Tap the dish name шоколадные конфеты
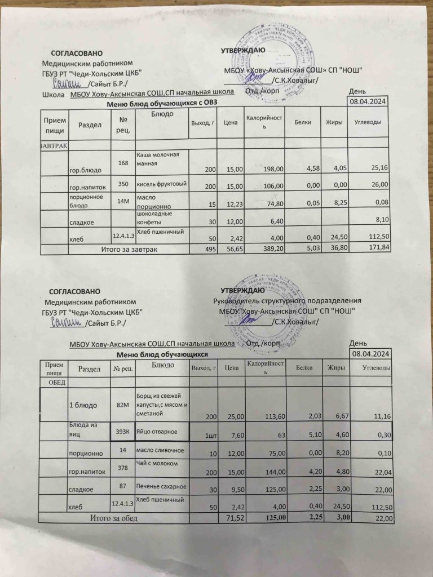[154, 218]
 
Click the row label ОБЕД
[55, 383]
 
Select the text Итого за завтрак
[129, 248]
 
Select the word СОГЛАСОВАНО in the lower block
[74, 291]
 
